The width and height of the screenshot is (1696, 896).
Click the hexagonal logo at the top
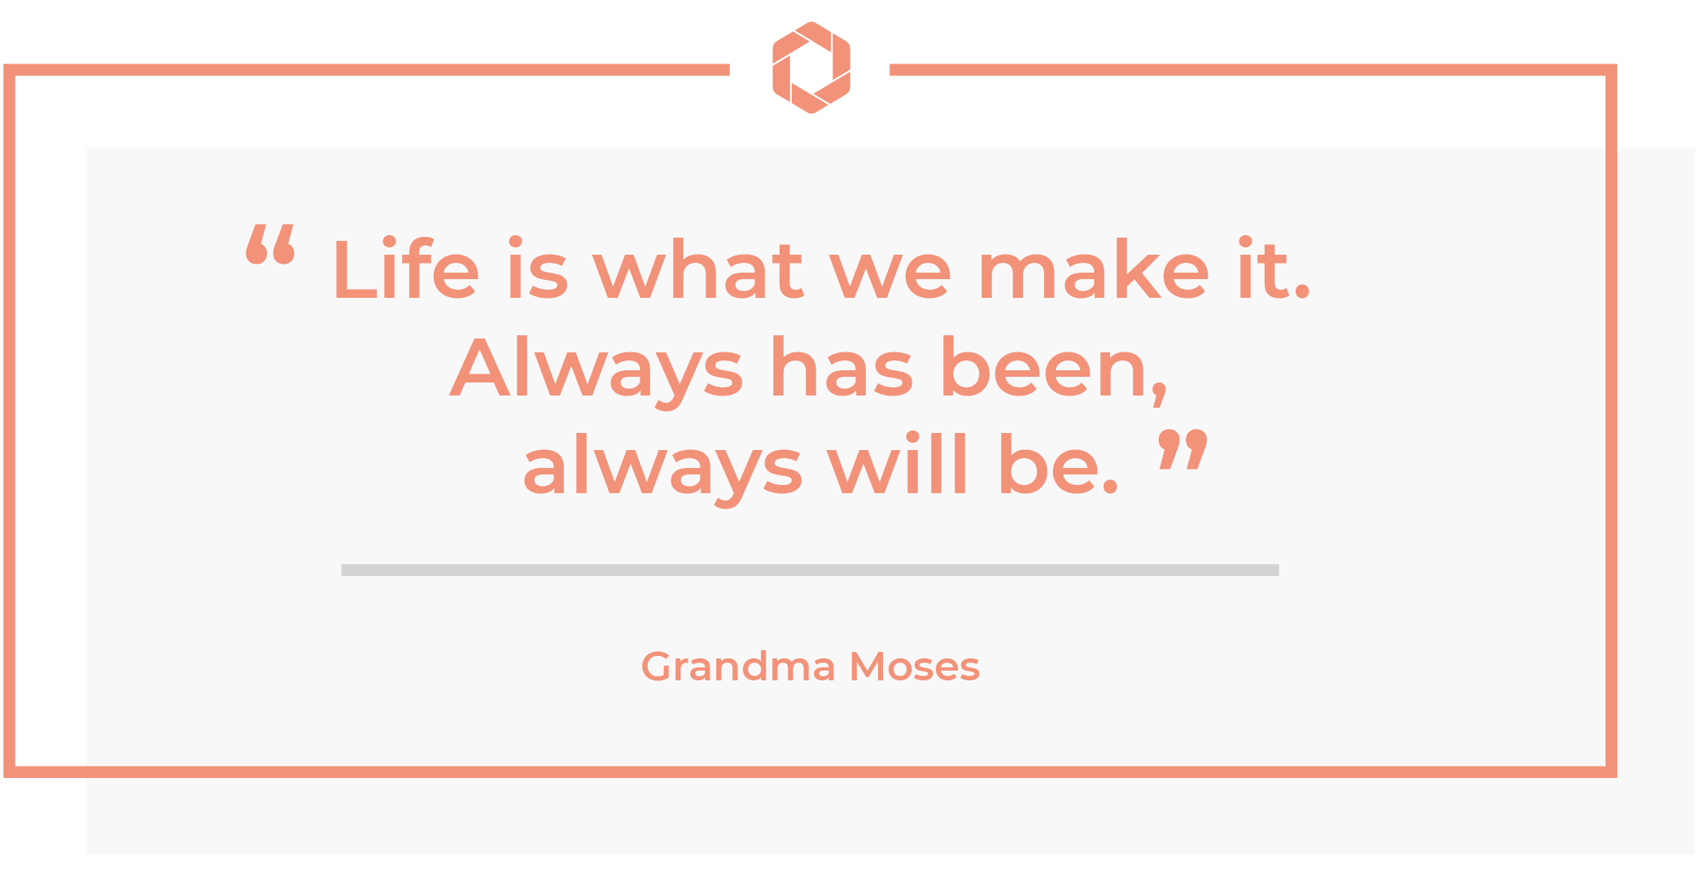811,68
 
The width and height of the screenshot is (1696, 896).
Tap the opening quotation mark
270,245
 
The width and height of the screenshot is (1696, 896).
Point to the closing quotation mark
1182,449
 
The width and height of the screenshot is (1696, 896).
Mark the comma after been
1160,394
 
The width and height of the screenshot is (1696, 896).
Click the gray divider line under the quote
810,570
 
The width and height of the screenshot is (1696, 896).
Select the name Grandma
738,667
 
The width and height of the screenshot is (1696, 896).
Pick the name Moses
915,667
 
